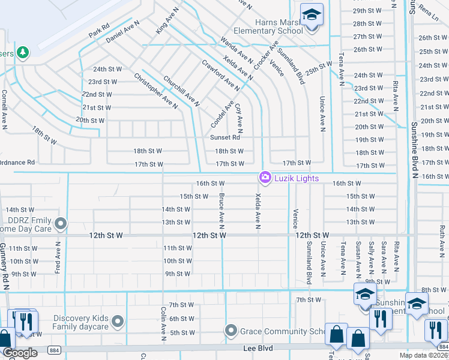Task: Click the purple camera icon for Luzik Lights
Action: [264, 178]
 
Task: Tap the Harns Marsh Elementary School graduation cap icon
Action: [312, 14]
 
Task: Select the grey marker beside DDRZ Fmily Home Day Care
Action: [61, 224]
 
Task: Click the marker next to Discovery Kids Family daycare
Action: [118, 322]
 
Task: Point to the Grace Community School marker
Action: [231, 331]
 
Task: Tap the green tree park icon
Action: [23, 52]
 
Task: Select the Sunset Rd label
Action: [224, 137]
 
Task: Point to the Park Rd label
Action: [99, 29]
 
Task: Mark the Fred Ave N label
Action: [59, 257]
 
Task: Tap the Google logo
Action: [20, 353]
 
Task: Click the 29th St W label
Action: [367, 11]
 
